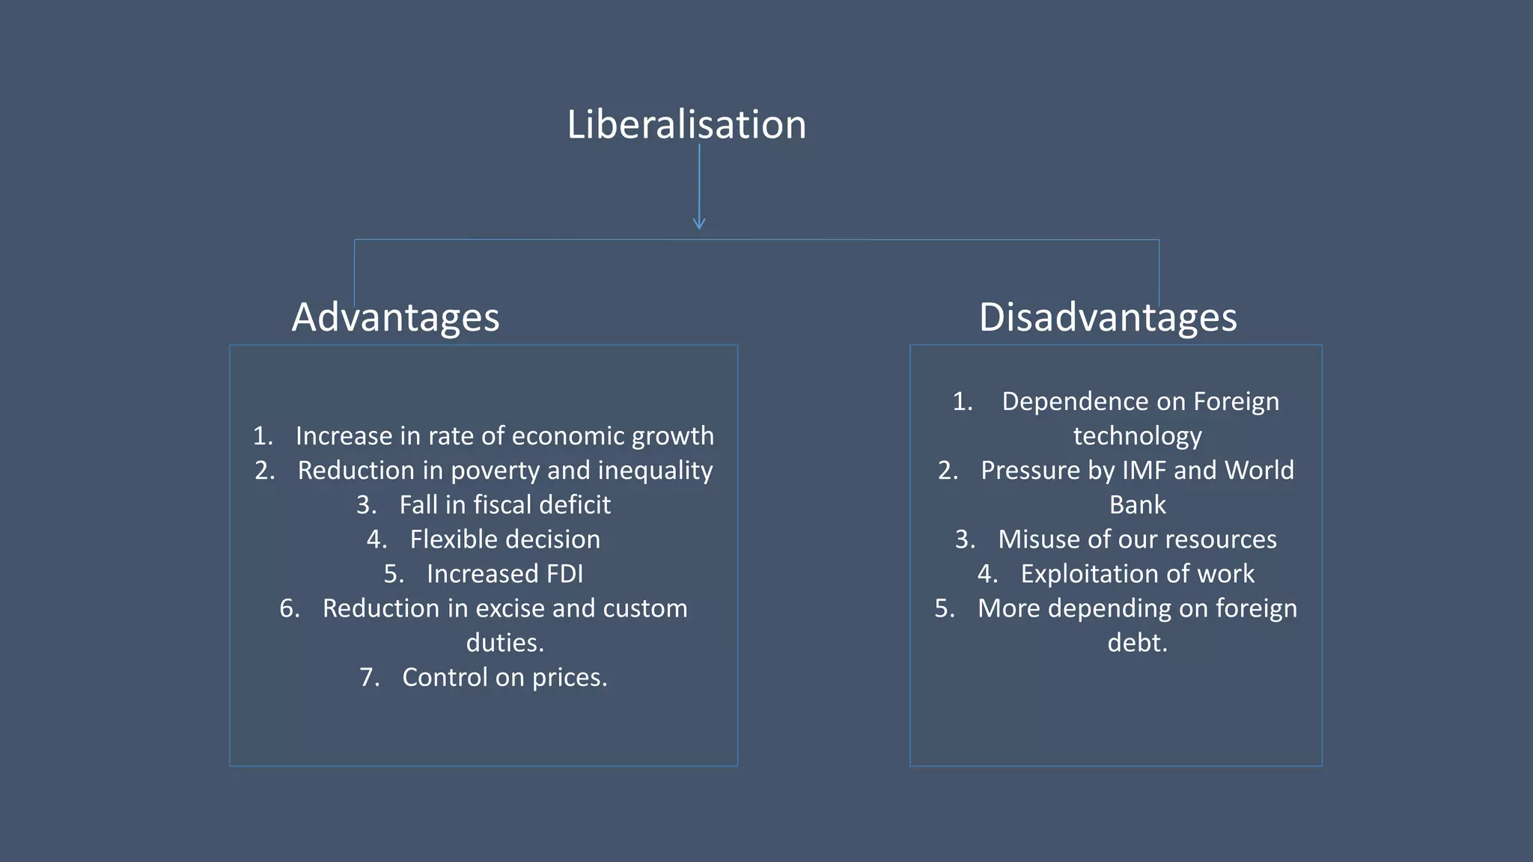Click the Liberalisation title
686,124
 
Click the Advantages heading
395,317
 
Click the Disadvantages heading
1108,317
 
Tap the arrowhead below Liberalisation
699,224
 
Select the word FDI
564,574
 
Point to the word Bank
1137,505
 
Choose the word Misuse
1034,539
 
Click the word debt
1137,643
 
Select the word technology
1137,436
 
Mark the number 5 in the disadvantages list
942,608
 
